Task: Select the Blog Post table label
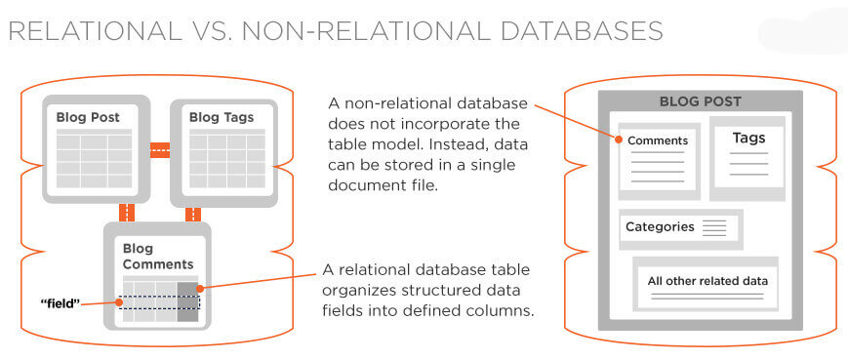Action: (88, 118)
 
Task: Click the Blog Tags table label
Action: (222, 118)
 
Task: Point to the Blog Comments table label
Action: (157, 257)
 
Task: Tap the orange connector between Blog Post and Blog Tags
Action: (160, 151)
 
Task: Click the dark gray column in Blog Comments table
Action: (187, 301)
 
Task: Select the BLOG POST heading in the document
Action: (700, 101)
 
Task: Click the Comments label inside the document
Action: (658, 140)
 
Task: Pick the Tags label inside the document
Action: (748, 139)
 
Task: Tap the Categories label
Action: (660, 227)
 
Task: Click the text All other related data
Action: (707, 281)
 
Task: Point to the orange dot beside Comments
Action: (618, 140)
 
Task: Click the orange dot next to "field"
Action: (119, 302)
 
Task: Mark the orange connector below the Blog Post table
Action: (126, 213)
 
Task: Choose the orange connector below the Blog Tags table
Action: (192, 214)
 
